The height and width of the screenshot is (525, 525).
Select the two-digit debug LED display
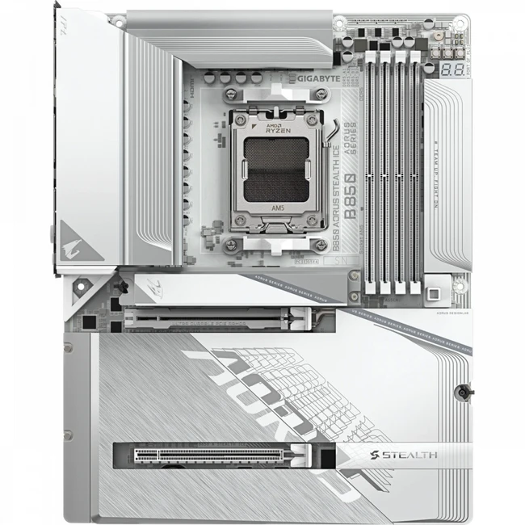click(452, 69)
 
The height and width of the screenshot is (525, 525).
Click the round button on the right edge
click(462, 391)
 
